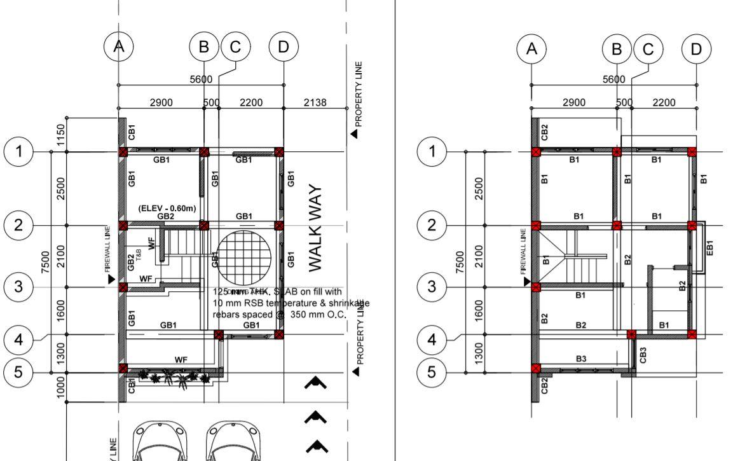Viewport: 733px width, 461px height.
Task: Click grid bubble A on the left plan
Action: [x=118, y=46]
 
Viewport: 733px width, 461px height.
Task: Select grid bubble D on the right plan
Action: [x=697, y=48]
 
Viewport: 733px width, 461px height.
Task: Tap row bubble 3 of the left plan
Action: [x=18, y=287]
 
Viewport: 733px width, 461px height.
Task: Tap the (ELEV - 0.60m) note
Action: [x=167, y=209]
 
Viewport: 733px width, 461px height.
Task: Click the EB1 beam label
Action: [x=710, y=247]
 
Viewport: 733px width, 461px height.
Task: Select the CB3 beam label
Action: [x=643, y=355]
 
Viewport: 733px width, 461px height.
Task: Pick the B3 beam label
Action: [x=581, y=359]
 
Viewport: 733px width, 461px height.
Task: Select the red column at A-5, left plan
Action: [x=123, y=369]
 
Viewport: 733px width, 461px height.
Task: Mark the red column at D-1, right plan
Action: [x=692, y=152]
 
